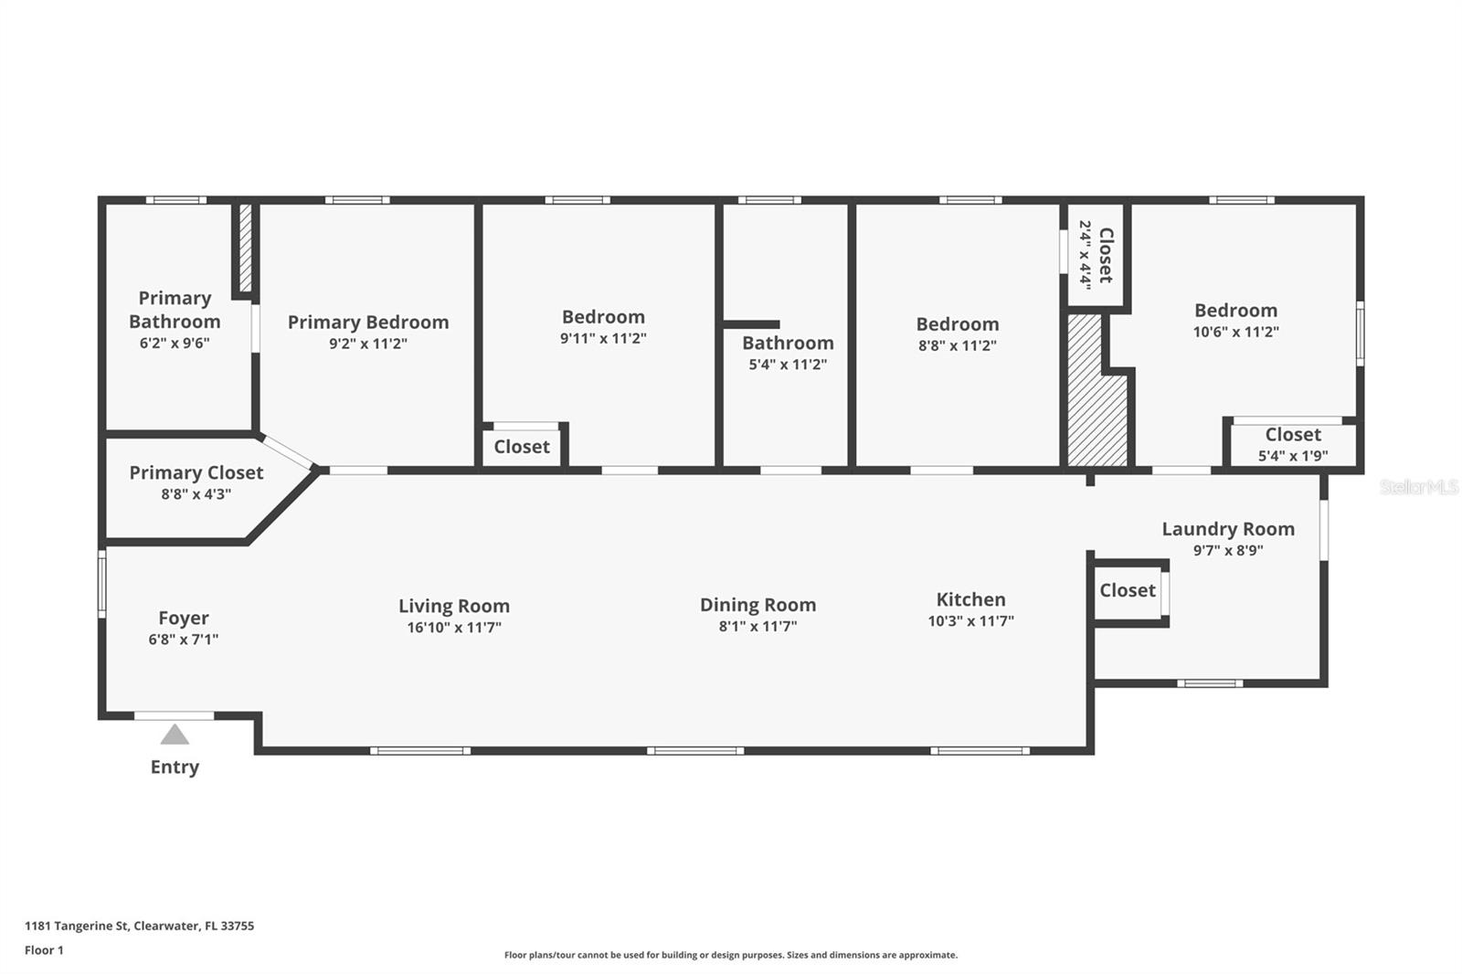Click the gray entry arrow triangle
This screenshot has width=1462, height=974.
[175, 736]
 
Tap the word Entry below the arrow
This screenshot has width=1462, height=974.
[175, 768]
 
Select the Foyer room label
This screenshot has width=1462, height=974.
[184, 618]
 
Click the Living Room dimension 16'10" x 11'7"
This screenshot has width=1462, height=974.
[454, 628]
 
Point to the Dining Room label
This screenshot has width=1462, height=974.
[757, 605]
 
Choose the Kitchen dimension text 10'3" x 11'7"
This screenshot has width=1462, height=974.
[971, 620]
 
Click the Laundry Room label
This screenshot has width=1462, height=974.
[1228, 529]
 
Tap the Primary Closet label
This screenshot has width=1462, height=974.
[196, 472]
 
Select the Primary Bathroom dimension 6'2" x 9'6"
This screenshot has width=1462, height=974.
[175, 343]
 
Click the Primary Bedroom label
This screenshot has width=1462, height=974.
[368, 323]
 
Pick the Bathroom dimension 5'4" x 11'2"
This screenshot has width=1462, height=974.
[788, 365]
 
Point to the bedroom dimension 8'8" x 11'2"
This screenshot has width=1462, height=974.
[958, 345]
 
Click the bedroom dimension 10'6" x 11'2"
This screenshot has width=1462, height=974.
[1236, 332]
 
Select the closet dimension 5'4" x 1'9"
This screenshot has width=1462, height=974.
[1293, 456]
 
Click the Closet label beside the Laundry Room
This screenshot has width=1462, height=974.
[1128, 591]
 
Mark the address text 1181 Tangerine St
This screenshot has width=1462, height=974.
[77, 926]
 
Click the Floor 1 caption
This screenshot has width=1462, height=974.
[45, 950]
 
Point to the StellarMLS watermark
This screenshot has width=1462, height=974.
[1419, 487]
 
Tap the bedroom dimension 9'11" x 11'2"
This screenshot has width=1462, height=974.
[603, 338]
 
